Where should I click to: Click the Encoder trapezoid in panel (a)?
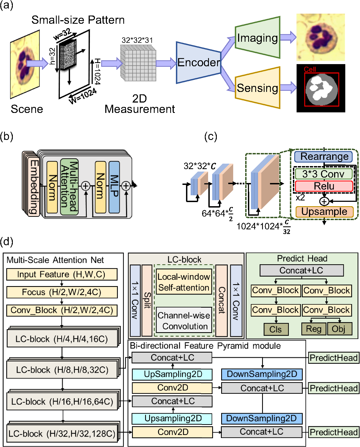pos(198,62)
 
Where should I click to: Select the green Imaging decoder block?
pos(257,38)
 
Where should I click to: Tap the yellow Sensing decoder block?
pos(257,88)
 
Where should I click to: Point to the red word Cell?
pos(310,69)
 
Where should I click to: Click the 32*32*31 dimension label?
pos(137,40)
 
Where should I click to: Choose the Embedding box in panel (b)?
pos(34,187)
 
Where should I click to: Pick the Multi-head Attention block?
pos(69,187)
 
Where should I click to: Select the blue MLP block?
pos(114,187)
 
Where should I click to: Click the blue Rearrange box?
pos(323,157)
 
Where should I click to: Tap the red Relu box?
pos(324,186)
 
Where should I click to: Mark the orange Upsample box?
pos(324,212)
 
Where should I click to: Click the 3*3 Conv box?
pos(323,174)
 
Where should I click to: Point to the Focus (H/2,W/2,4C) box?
pos(62,292)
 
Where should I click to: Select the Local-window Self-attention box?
pos(184,282)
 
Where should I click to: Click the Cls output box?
pos(276,329)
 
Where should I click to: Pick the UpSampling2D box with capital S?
pos(172,374)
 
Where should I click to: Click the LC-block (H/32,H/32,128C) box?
pos(62,433)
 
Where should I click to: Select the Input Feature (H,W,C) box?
pos(62,274)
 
